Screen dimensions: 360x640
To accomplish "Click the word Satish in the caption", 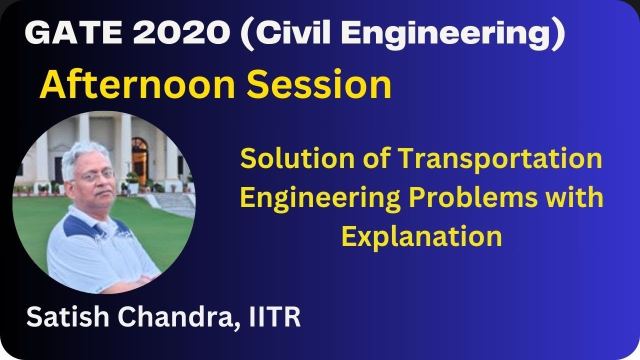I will tap(62, 317).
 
